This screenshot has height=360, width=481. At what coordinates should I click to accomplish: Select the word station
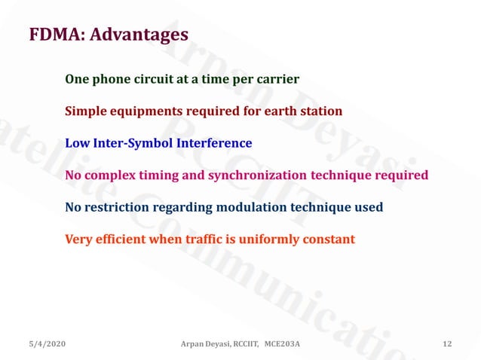[320, 111]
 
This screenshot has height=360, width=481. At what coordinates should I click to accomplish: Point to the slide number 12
[447, 344]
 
